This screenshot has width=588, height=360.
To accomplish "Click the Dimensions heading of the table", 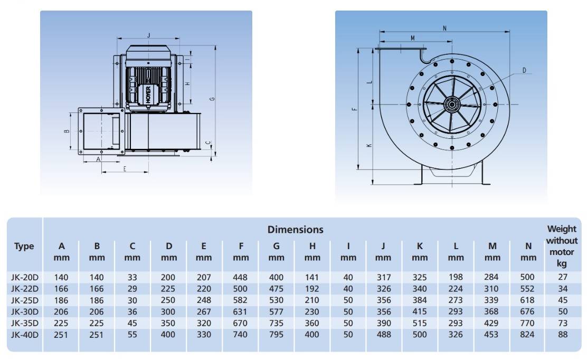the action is (x=295, y=230).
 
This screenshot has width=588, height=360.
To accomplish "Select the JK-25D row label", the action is (x=25, y=300).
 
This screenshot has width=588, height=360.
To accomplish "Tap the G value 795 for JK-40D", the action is (x=276, y=335).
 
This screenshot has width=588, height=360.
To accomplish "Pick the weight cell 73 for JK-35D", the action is (x=563, y=323).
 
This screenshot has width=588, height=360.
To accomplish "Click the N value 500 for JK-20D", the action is (x=527, y=277).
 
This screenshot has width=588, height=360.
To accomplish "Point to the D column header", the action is (x=169, y=252).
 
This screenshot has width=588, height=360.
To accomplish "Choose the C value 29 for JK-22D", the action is (x=132, y=289).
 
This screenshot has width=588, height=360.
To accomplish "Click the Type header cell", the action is (x=24, y=247).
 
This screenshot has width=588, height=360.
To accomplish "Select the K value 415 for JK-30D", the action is (x=420, y=311).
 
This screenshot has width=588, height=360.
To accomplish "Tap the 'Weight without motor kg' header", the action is (x=562, y=246).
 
